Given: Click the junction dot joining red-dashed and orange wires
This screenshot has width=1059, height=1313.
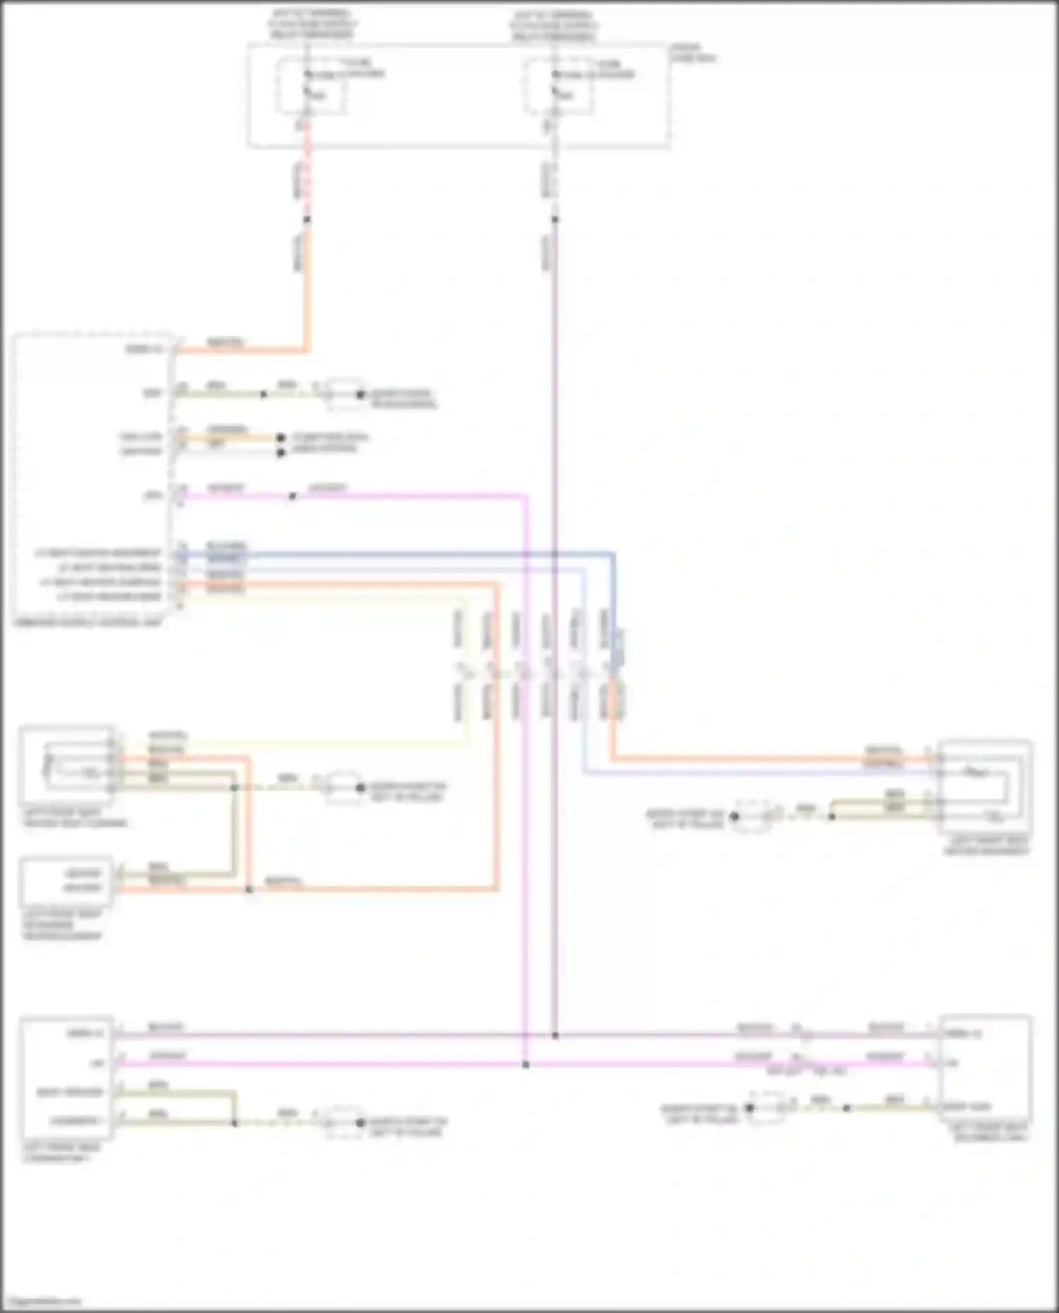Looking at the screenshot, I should (x=306, y=219).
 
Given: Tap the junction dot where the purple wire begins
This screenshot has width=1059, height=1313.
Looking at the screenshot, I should (x=555, y=219).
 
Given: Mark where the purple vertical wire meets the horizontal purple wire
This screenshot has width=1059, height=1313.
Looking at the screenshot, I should (x=555, y=1036).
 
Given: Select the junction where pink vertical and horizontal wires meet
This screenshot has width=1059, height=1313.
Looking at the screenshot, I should (x=525, y=1064).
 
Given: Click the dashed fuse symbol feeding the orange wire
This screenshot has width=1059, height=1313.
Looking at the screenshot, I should (x=311, y=87).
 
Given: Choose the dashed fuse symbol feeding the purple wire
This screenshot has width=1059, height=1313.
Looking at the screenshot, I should (x=558, y=87).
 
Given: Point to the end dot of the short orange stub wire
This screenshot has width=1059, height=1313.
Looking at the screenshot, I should (x=280, y=437).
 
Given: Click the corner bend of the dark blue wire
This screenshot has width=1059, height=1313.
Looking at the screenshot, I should (x=613, y=555).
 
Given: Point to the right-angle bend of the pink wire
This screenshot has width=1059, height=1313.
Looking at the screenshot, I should (x=526, y=496).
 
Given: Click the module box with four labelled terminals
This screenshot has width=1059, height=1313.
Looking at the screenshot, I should (x=67, y=1077).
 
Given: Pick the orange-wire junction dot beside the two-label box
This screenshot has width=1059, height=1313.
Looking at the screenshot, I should (x=249, y=889).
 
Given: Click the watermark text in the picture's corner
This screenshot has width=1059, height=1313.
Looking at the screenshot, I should (x=42, y=1301).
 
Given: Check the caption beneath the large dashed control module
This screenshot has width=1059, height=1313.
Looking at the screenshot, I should (x=88, y=623).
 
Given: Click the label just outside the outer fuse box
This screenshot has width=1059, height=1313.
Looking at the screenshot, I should (x=692, y=53).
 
